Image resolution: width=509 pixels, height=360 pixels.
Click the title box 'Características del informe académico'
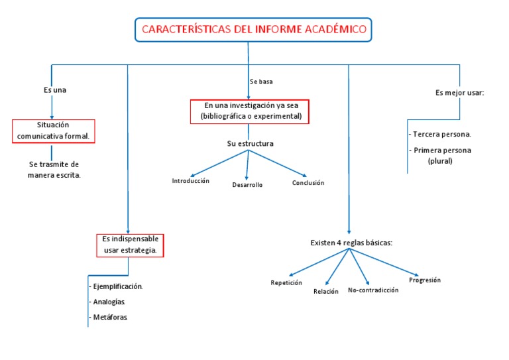(x=254, y=30)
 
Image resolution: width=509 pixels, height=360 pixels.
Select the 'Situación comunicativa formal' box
(x=54, y=131)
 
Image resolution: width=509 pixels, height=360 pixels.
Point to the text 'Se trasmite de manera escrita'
(x=54, y=170)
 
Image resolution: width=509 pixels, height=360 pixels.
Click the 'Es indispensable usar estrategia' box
(x=130, y=245)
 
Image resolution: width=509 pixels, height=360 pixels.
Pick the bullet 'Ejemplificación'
(x=116, y=286)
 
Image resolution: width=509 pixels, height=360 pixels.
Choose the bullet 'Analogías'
(x=109, y=302)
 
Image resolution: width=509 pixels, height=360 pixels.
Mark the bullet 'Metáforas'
(x=109, y=318)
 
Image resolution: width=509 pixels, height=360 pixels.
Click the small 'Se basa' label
(x=261, y=82)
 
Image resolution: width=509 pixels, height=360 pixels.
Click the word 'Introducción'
(x=191, y=181)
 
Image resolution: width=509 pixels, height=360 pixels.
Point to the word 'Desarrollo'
(x=247, y=185)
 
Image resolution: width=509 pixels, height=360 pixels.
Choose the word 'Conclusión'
(x=308, y=183)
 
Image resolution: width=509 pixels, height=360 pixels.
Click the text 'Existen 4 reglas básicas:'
(x=351, y=243)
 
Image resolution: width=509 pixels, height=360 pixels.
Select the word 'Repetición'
(x=286, y=282)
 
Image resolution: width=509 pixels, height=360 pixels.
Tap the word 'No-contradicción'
(x=373, y=290)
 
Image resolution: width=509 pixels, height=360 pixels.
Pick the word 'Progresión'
(x=425, y=280)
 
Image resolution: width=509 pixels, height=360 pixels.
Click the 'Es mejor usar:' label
(x=460, y=93)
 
